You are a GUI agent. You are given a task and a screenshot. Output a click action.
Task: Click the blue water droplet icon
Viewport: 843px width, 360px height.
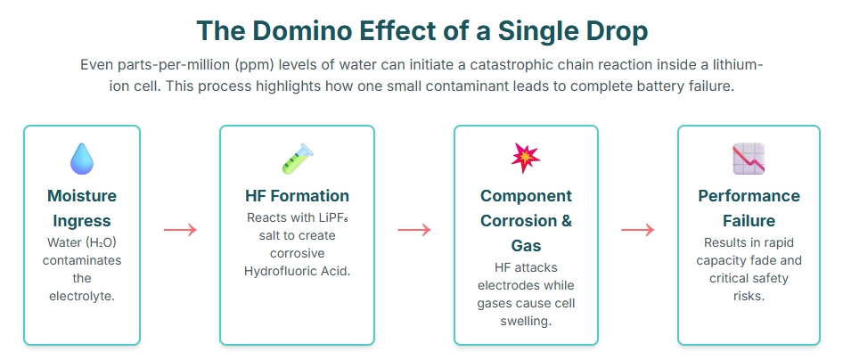(x=82, y=159)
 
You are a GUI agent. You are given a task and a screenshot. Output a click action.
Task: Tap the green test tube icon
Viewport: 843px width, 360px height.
(x=298, y=159)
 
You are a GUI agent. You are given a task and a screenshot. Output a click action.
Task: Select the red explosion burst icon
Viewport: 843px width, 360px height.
(x=526, y=158)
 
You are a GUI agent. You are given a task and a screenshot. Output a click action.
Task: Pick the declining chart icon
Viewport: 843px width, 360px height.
(x=749, y=159)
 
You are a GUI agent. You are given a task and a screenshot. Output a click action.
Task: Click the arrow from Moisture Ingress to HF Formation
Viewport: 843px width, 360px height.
(x=180, y=230)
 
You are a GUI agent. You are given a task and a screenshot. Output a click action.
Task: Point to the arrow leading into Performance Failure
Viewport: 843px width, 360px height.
(x=638, y=230)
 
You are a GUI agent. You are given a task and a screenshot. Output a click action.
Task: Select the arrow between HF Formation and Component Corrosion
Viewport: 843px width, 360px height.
(x=414, y=230)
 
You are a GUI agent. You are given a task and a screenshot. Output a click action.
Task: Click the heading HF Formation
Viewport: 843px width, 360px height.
(x=298, y=195)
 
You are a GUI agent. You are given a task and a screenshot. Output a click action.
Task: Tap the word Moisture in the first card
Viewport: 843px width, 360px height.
(x=82, y=195)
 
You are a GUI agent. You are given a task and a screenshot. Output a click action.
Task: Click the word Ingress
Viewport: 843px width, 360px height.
(x=82, y=221)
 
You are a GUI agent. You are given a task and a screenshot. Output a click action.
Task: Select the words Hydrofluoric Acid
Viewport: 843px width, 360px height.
(x=298, y=271)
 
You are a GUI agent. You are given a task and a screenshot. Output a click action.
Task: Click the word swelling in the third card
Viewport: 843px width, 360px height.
(x=526, y=322)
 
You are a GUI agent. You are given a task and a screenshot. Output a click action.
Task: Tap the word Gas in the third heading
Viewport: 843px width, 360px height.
(x=526, y=246)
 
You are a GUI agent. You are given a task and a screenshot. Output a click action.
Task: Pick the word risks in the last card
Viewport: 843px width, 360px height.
(x=749, y=296)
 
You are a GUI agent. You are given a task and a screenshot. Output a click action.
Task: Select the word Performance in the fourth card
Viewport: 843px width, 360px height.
(x=749, y=195)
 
